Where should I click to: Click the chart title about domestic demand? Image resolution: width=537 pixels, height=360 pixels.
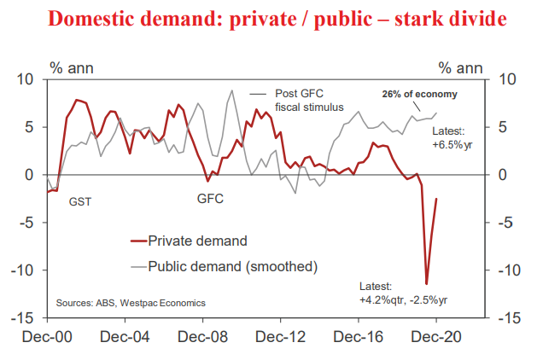268,19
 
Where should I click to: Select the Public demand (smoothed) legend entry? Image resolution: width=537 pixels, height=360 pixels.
232,266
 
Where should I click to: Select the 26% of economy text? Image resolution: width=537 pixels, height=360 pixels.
420,95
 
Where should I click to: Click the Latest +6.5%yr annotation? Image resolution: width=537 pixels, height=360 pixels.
448,138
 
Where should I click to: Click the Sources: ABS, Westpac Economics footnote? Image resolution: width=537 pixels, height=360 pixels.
131,303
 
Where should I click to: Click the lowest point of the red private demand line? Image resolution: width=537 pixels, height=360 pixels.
426,284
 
